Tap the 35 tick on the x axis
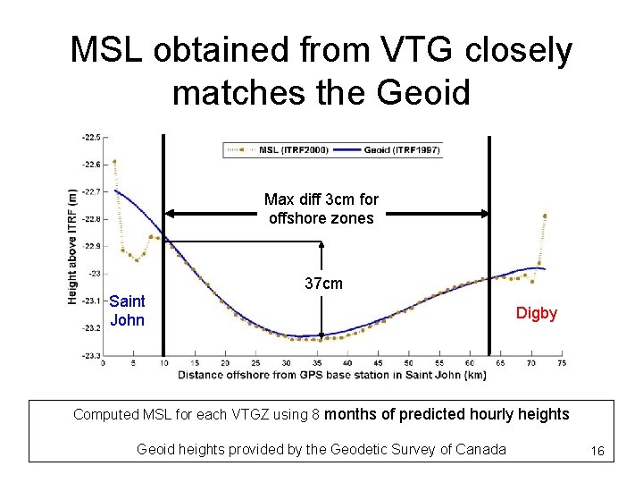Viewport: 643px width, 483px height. click(317, 363)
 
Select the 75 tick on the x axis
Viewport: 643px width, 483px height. click(561, 363)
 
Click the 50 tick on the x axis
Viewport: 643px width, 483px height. click(408, 363)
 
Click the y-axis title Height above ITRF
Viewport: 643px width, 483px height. click(72, 246)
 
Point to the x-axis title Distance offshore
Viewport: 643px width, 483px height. click(330, 375)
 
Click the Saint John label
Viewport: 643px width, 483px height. click(127, 310)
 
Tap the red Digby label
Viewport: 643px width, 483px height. click(536, 313)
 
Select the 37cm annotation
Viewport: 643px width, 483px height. click(323, 284)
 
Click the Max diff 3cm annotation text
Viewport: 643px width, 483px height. click(321, 208)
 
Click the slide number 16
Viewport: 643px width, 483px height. click(597, 453)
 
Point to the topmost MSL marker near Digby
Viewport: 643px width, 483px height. click(545, 216)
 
